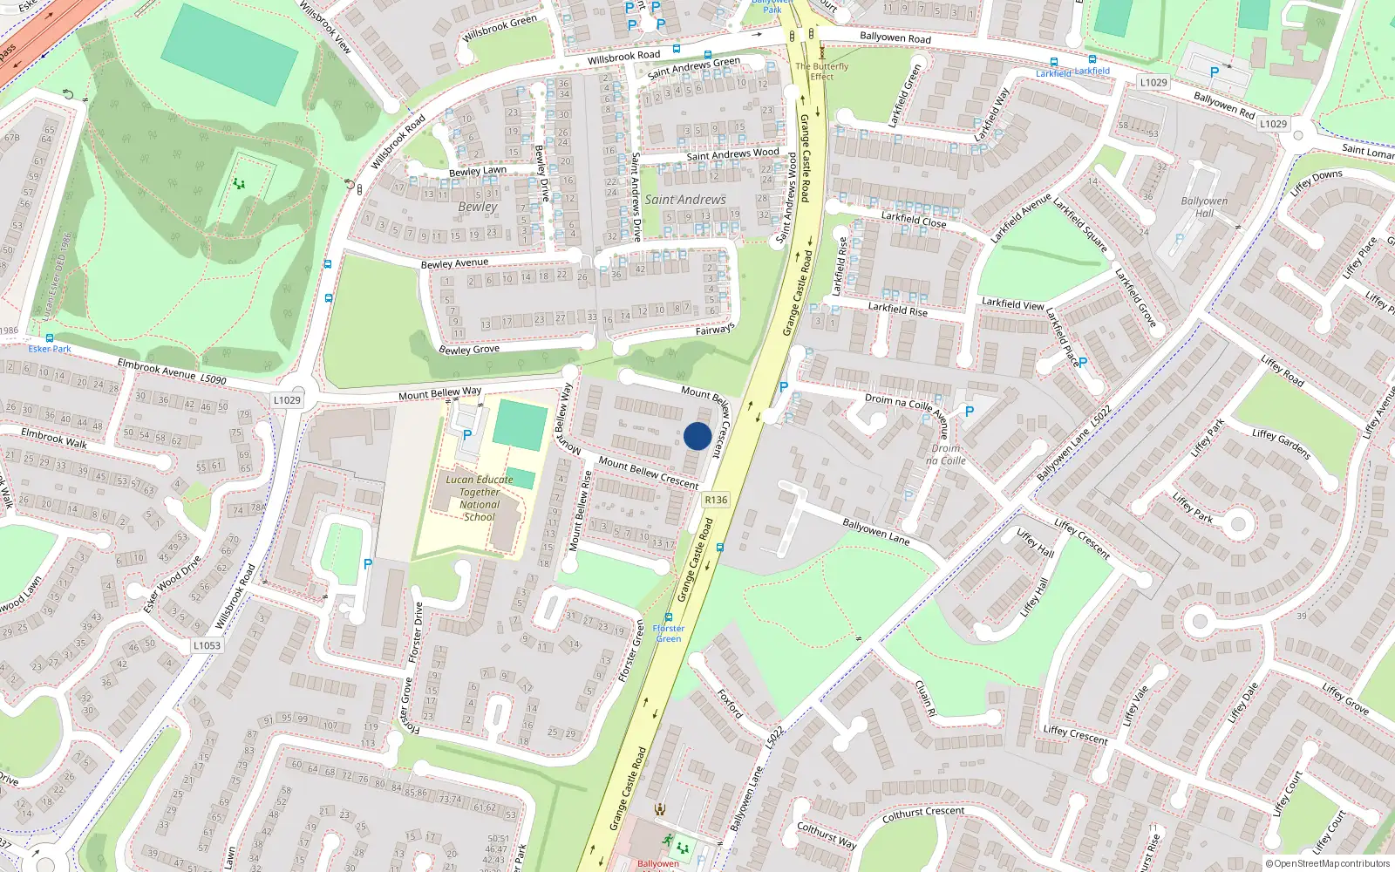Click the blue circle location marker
[697, 436]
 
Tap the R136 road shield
[715, 500]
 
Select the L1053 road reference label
[207, 645]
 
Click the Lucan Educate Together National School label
[480, 498]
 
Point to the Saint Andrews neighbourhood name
[685, 200]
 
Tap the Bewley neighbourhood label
[478, 207]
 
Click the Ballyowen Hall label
[1204, 207]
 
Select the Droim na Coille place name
[946, 454]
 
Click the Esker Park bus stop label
[50, 349]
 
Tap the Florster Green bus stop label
[669, 633]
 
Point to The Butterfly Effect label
[821, 71]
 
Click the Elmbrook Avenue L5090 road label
[172, 372]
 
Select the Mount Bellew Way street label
[439, 393]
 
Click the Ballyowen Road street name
[895, 37]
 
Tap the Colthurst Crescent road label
[923, 814]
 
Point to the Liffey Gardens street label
[1281, 444]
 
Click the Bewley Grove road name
[469, 350]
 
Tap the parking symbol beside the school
[467, 434]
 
